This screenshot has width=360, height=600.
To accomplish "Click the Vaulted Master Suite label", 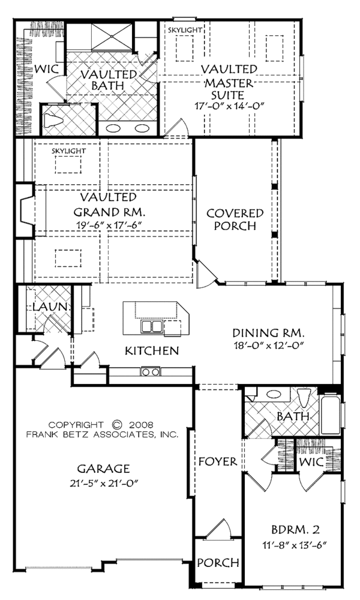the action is (x=229, y=82).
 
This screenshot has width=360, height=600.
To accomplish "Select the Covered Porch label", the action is (x=235, y=219).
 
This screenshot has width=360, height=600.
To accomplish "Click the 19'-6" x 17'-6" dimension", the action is (x=109, y=225).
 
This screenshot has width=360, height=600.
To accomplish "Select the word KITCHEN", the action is (x=152, y=350).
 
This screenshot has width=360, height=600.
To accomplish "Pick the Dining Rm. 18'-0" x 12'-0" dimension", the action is (x=269, y=346).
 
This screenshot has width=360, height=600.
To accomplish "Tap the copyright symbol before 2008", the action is (x=117, y=424).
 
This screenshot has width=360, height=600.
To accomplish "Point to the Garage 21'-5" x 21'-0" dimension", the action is (x=103, y=483).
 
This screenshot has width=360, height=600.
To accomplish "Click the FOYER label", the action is (x=218, y=461).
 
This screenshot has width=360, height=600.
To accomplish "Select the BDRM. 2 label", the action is (x=295, y=530).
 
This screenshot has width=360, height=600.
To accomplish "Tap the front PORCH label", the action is (x=218, y=563).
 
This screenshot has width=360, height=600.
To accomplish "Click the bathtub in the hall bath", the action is (x=330, y=415).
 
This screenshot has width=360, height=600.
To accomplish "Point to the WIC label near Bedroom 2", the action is (x=311, y=462).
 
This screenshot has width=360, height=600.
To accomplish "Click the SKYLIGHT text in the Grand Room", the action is (x=69, y=151).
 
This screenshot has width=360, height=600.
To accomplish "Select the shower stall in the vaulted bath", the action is (x=112, y=37).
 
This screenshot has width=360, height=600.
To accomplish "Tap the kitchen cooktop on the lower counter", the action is (x=150, y=371).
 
